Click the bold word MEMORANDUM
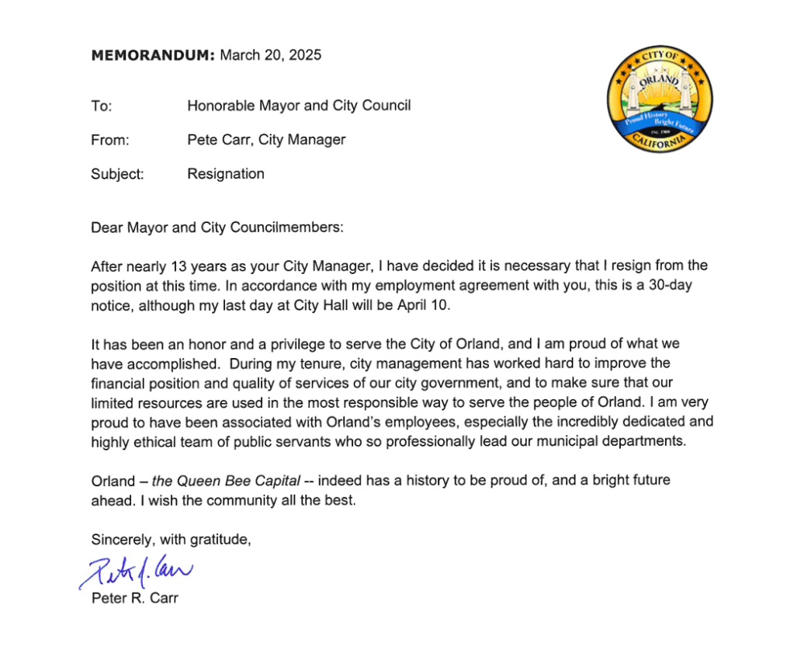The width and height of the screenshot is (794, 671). point(152,55)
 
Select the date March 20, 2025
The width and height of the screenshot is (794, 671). point(271,55)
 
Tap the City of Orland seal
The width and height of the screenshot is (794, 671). point(660,99)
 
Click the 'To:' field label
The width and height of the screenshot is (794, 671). point(102,106)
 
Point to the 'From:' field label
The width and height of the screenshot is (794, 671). point(109,140)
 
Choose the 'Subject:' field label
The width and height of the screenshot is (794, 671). point(117,174)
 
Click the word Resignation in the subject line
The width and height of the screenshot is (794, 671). point(226,174)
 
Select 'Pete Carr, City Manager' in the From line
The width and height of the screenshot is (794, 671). point(266,140)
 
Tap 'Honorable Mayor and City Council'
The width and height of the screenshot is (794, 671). point(299,106)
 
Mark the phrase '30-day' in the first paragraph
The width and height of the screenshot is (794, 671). point(670,285)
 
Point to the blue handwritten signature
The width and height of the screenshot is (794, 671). point(135,574)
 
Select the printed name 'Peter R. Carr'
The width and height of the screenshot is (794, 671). point(134,599)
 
